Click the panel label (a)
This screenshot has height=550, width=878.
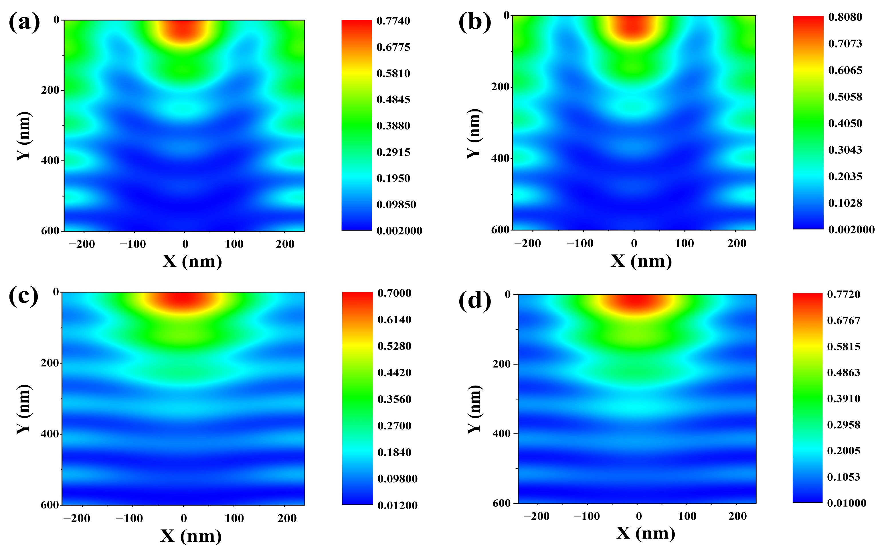point(24,23)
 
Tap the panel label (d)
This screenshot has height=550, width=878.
point(474,301)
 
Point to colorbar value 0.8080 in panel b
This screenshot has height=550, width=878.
point(845,17)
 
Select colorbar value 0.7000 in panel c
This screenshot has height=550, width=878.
point(394,293)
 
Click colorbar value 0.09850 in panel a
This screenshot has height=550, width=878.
point(396,205)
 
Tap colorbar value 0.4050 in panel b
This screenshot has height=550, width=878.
point(845,123)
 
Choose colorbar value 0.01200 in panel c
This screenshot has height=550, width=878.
point(397,505)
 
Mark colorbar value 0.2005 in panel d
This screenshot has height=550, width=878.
point(843,451)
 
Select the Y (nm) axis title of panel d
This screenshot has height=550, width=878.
point(474,409)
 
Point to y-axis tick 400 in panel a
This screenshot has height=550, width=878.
point(50,160)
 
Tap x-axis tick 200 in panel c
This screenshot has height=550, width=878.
point(287,518)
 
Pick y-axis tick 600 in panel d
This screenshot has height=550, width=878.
point(501,503)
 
